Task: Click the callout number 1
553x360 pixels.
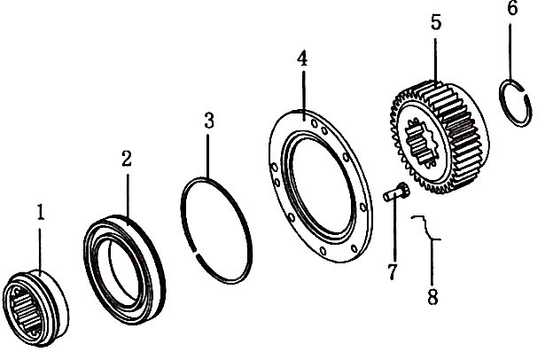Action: click(41, 213)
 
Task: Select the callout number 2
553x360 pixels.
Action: click(127, 159)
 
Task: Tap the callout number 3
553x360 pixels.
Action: click(209, 121)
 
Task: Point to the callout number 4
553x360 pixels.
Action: click(302, 59)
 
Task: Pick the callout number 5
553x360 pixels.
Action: click(436, 22)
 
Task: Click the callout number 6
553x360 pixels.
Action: click(512, 8)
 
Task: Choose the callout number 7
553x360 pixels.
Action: click(393, 271)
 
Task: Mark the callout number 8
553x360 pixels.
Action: click(432, 296)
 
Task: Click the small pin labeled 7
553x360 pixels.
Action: click(396, 192)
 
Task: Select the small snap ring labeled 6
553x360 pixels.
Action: click(516, 103)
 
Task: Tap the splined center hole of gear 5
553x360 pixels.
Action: click(422, 143)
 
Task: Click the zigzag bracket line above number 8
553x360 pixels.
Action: click(426, 228)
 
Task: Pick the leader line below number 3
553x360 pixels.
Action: click(207, 156)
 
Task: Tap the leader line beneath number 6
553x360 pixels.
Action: click(510, 52)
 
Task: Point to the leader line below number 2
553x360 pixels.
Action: click(128, 196)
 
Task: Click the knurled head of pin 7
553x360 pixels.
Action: click(404, 190)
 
